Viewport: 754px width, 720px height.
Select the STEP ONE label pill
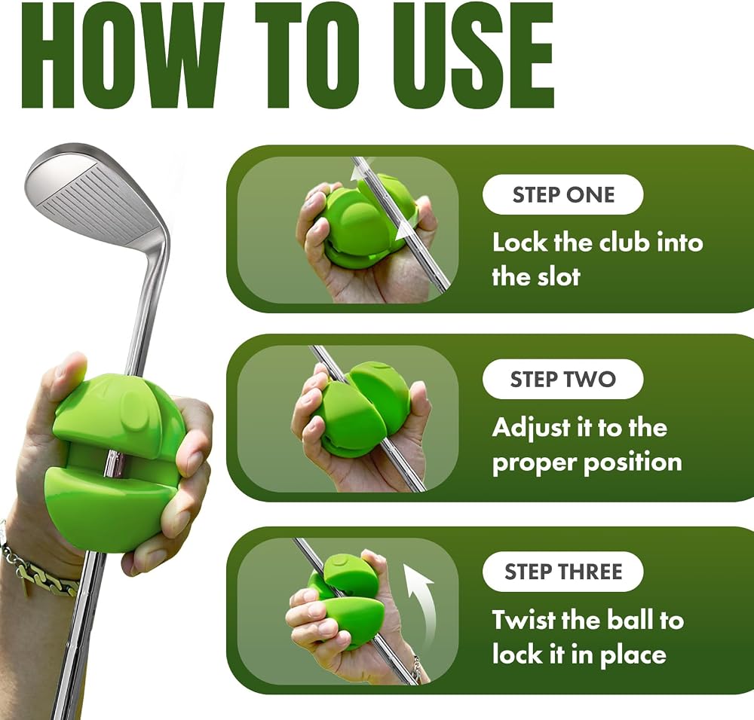point(563,194)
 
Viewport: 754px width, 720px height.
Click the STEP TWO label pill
point(563,379)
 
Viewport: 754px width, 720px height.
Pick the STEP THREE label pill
point(563,572)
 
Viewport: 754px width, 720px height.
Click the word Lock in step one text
point(520,242)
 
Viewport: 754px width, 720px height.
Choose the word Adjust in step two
point(532,429)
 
